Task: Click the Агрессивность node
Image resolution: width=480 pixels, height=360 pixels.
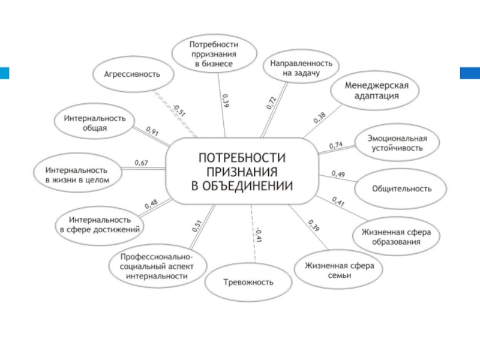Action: click(133, 74)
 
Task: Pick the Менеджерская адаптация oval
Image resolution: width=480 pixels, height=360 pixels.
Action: click(376, 91)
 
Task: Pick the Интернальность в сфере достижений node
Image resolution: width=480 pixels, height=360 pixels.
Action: click(100, 224)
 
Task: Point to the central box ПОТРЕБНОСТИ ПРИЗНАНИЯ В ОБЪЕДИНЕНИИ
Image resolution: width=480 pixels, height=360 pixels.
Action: click(242, 170)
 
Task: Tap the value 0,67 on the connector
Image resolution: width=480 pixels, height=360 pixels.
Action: click(142, 163)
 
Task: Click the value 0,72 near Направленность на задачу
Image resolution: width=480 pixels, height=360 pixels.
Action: click(271, 102)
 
